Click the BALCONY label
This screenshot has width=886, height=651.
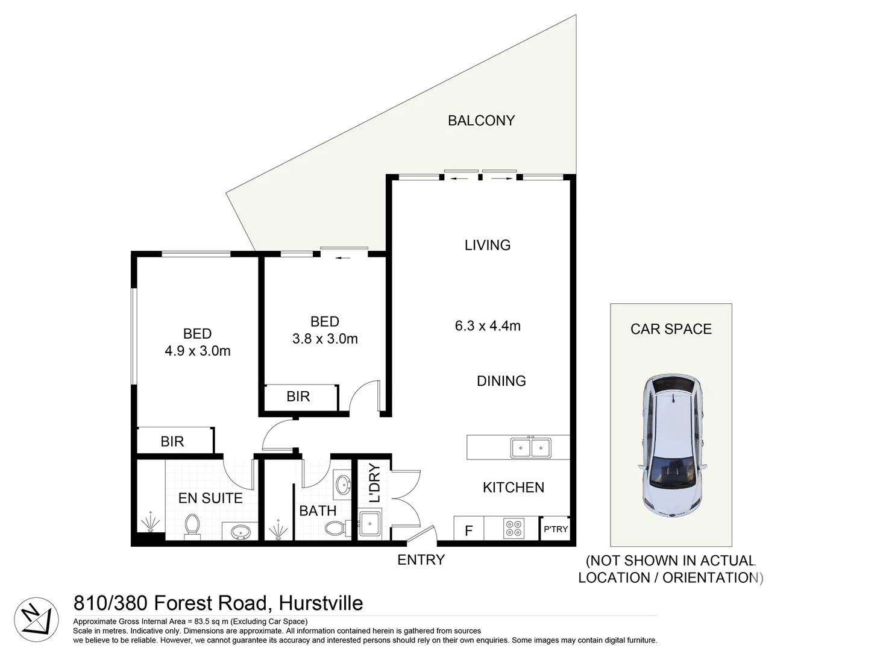coord(481,121)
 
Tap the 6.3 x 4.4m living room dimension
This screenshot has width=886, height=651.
coord(488,326)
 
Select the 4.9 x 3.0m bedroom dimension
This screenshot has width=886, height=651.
coord(198,351)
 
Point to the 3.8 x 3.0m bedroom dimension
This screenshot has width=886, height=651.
coord(325,339)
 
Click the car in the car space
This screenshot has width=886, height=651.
coord(671,446)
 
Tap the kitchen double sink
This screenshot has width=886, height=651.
coord(530,448)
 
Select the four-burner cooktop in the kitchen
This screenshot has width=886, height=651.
coord(514,528)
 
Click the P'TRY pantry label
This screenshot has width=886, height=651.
coord(555,529)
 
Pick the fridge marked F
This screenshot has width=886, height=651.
coord(468,531)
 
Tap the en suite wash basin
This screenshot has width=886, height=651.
coord(240,532)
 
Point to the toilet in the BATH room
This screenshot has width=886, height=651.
coord(335,529)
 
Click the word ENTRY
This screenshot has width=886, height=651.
coord(421,560)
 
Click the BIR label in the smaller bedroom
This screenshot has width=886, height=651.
coord(298,397)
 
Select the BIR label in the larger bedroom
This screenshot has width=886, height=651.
coord(172,442)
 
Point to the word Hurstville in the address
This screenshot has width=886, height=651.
coord(321,603)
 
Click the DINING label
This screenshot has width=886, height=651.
coord(501,381)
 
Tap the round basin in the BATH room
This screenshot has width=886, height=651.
coord(343,484)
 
